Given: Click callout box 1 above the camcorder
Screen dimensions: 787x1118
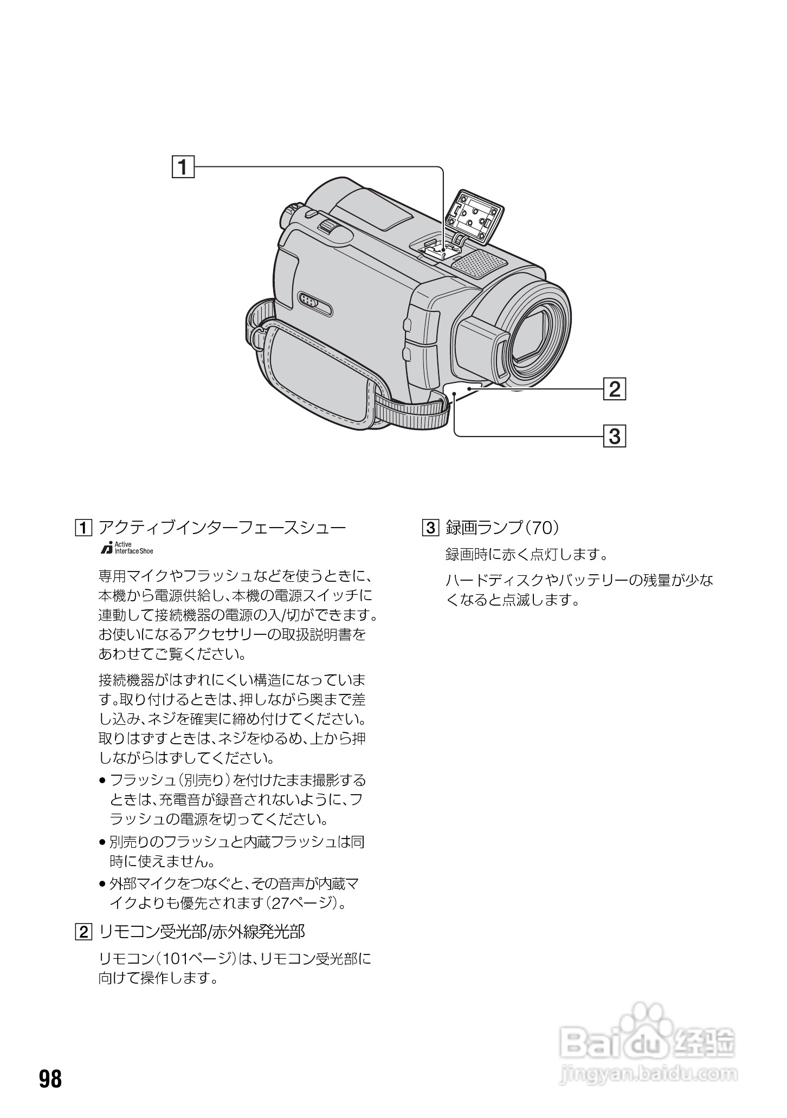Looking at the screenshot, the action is (x=183, y=167).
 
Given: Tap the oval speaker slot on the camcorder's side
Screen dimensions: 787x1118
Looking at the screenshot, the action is (x=315, y=304).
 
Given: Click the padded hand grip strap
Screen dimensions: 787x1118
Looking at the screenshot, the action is (x=320, y=374).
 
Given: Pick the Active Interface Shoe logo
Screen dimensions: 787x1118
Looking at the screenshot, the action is (x=127, y=548).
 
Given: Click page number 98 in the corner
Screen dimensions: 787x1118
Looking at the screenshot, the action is (x=50, y=1079).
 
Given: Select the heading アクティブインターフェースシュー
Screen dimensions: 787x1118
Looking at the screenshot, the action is (x=222, y=527).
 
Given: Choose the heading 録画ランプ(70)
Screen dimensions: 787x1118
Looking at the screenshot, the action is (x=502, y=527).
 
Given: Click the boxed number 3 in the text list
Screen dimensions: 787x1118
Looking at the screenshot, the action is (x=429, y=527).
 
